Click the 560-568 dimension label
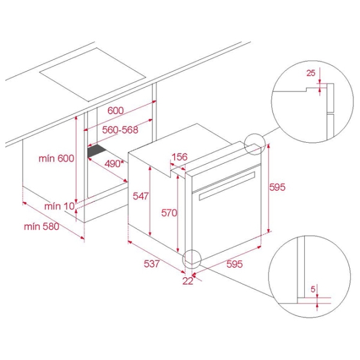120,130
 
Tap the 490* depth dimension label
114,164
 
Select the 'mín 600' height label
56,158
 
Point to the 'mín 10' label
59,206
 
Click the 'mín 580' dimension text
41,227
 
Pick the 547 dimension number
141,196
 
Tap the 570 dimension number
169,213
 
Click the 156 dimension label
180,157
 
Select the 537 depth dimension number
152,264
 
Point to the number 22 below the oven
188,281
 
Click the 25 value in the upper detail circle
311,73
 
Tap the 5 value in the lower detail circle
313,290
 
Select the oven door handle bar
227,186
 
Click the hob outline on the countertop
92,75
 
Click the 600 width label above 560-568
115,110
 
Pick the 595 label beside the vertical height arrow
277,187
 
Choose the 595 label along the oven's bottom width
235,264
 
